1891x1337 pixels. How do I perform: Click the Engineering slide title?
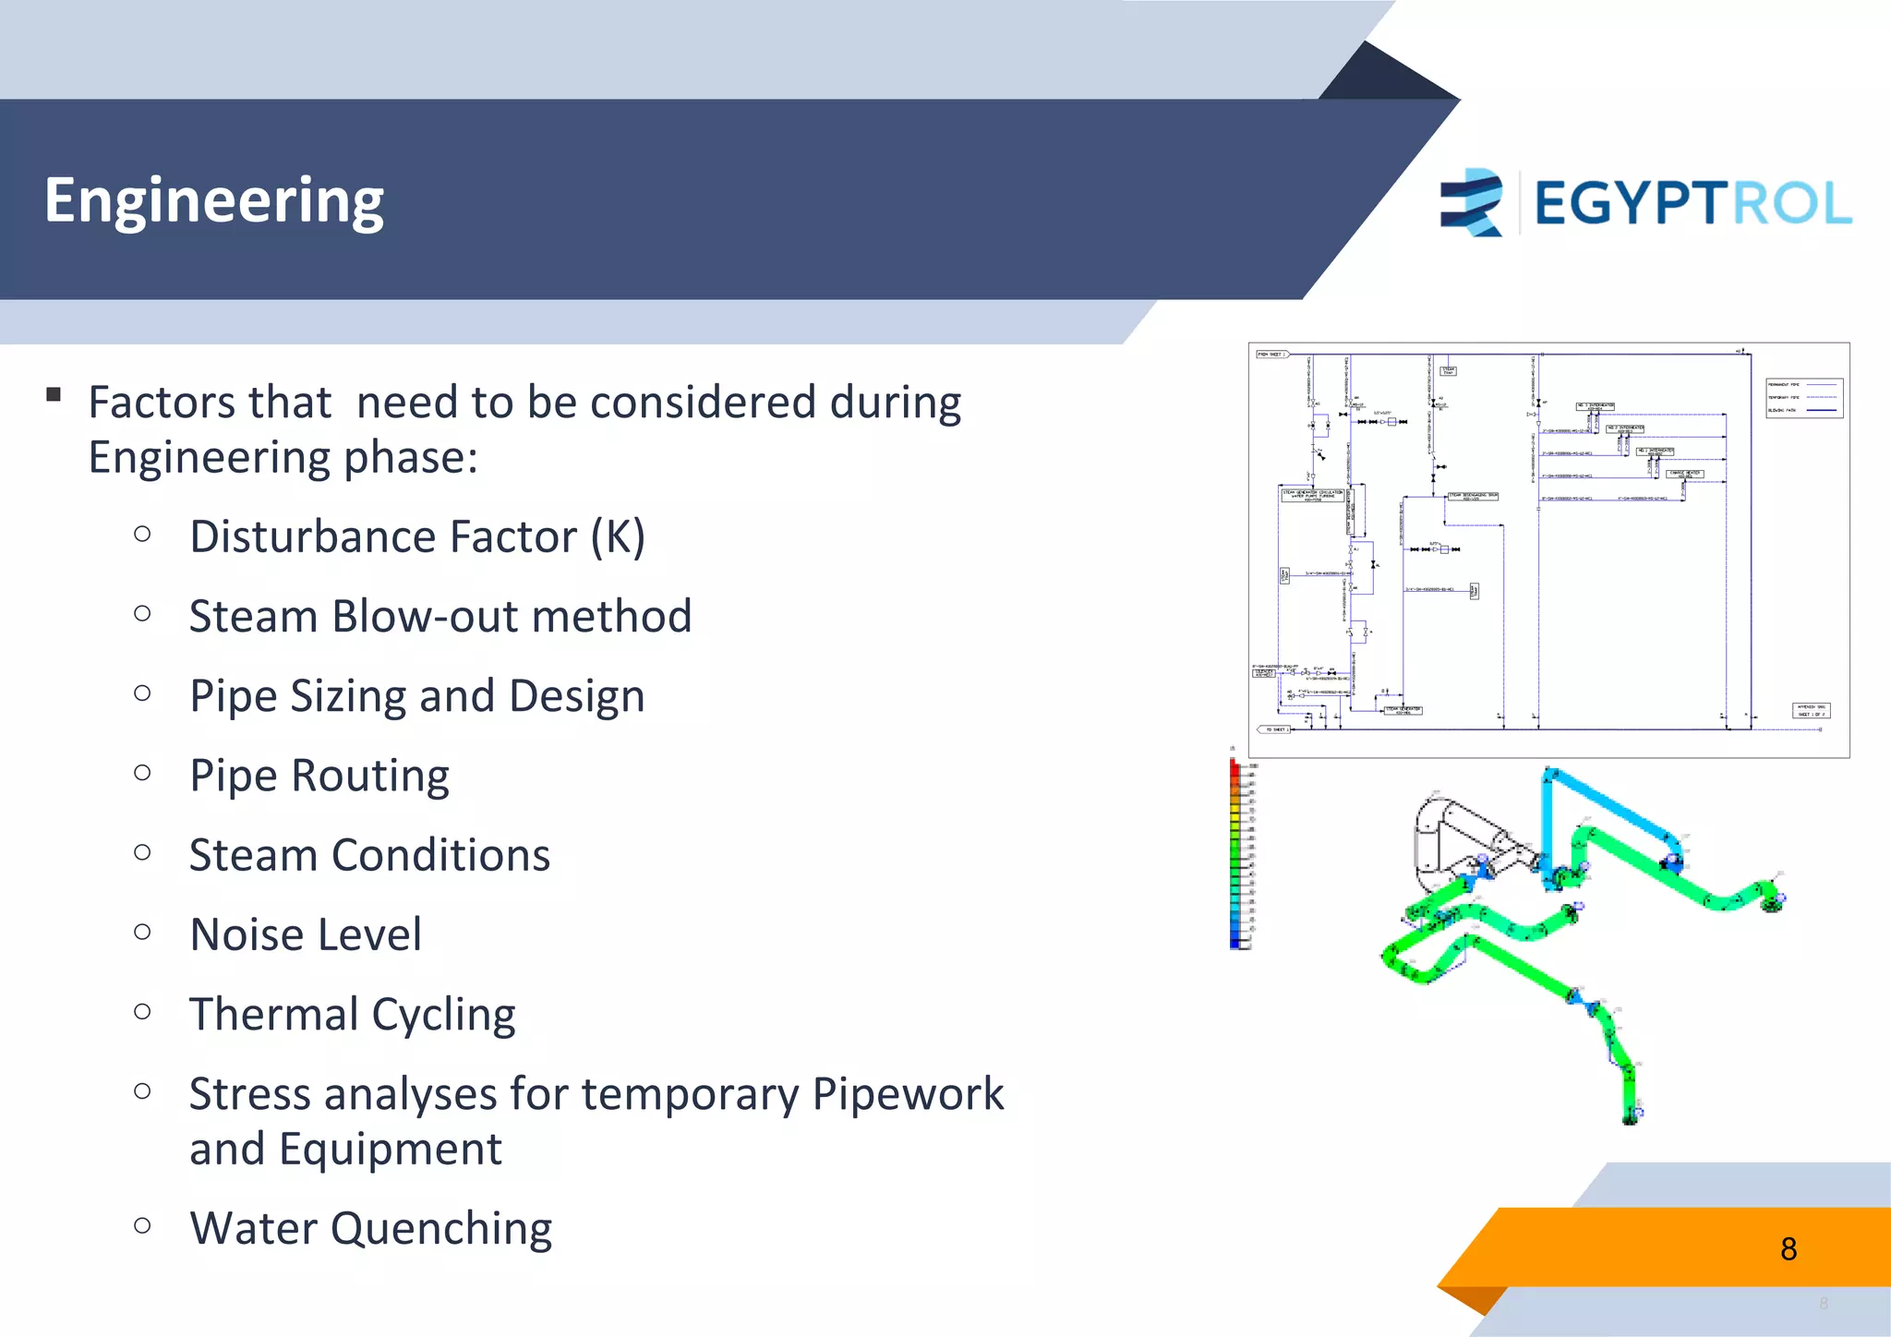(213, 200)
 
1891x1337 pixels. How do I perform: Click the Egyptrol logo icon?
(1472, 202)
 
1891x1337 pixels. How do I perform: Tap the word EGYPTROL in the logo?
(1692, 203)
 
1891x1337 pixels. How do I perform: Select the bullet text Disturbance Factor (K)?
(416, 536)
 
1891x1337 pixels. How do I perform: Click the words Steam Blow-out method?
(440, 616)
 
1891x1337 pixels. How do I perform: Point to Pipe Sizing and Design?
(416, 695)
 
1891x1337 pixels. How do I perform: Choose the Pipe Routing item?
(319, 775)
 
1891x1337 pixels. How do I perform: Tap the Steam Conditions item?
(369, 854)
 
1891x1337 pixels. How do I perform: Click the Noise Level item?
(305, 933)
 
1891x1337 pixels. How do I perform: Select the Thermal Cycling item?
(352, 1014)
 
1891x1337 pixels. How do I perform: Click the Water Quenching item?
(370, 1228)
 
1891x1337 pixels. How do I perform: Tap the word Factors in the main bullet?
(152, 403)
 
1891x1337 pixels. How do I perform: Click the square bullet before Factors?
(54, 395)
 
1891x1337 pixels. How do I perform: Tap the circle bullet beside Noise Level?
(142, 932)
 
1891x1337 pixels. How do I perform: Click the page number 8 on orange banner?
(1788, 1248)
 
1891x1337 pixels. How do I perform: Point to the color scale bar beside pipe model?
(1235, 854)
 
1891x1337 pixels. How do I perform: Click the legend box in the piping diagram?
(1803, 398)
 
